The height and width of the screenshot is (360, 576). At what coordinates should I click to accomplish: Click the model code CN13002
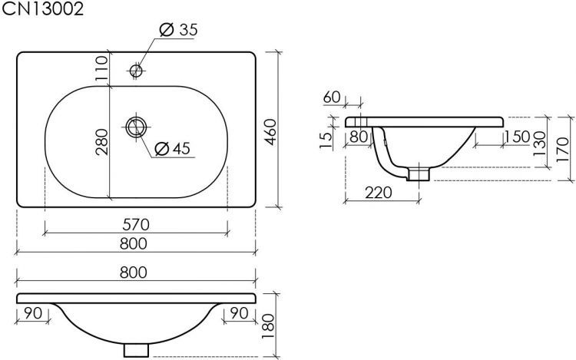pos(42,8)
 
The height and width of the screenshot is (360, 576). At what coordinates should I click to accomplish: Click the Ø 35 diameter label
pos(179,29)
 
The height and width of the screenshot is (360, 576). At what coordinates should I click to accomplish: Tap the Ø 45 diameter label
pos(172,148)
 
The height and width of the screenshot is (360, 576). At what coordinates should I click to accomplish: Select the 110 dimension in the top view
pos(101,68)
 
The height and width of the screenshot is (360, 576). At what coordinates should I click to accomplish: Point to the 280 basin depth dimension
pos(101,142)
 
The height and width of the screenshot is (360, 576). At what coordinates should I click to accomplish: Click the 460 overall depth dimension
pos(270,132)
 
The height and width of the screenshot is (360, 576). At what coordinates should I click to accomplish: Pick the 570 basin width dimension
pos(136,225)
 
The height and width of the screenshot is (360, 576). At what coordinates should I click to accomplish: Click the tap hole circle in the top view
pos(136,70)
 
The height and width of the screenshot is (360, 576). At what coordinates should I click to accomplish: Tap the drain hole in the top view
pos(136,127)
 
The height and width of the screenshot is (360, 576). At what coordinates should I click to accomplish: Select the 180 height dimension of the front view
pos(269,326)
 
